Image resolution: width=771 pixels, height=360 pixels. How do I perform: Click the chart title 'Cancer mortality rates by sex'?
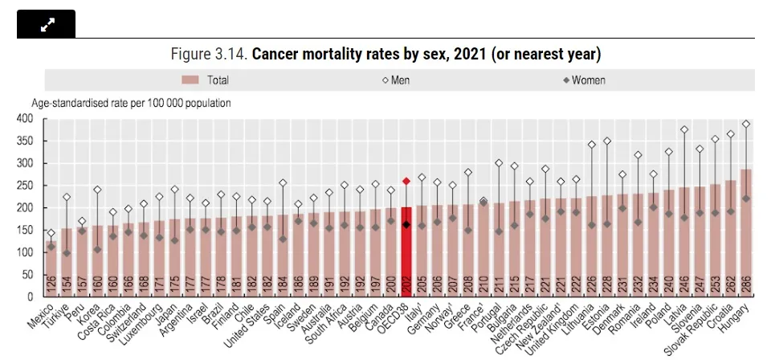pos(385,55)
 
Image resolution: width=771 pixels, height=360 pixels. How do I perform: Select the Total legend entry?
pos(206,80)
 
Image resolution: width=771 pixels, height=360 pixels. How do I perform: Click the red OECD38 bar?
pos(406,249)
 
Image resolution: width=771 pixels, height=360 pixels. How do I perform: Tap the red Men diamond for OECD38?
pos(406,182)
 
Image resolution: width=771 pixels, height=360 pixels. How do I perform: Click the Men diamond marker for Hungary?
pos(746,124)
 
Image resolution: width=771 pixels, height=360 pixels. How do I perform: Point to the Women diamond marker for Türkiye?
pos(67,253)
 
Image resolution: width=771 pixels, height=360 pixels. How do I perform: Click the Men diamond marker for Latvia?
pos(684,129)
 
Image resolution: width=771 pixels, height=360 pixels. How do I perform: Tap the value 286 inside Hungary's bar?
pos(746,285)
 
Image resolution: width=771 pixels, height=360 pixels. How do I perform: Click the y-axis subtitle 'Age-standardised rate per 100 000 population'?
pos(131,103)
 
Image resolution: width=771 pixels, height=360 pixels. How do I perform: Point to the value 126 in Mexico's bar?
pos(51,285)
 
